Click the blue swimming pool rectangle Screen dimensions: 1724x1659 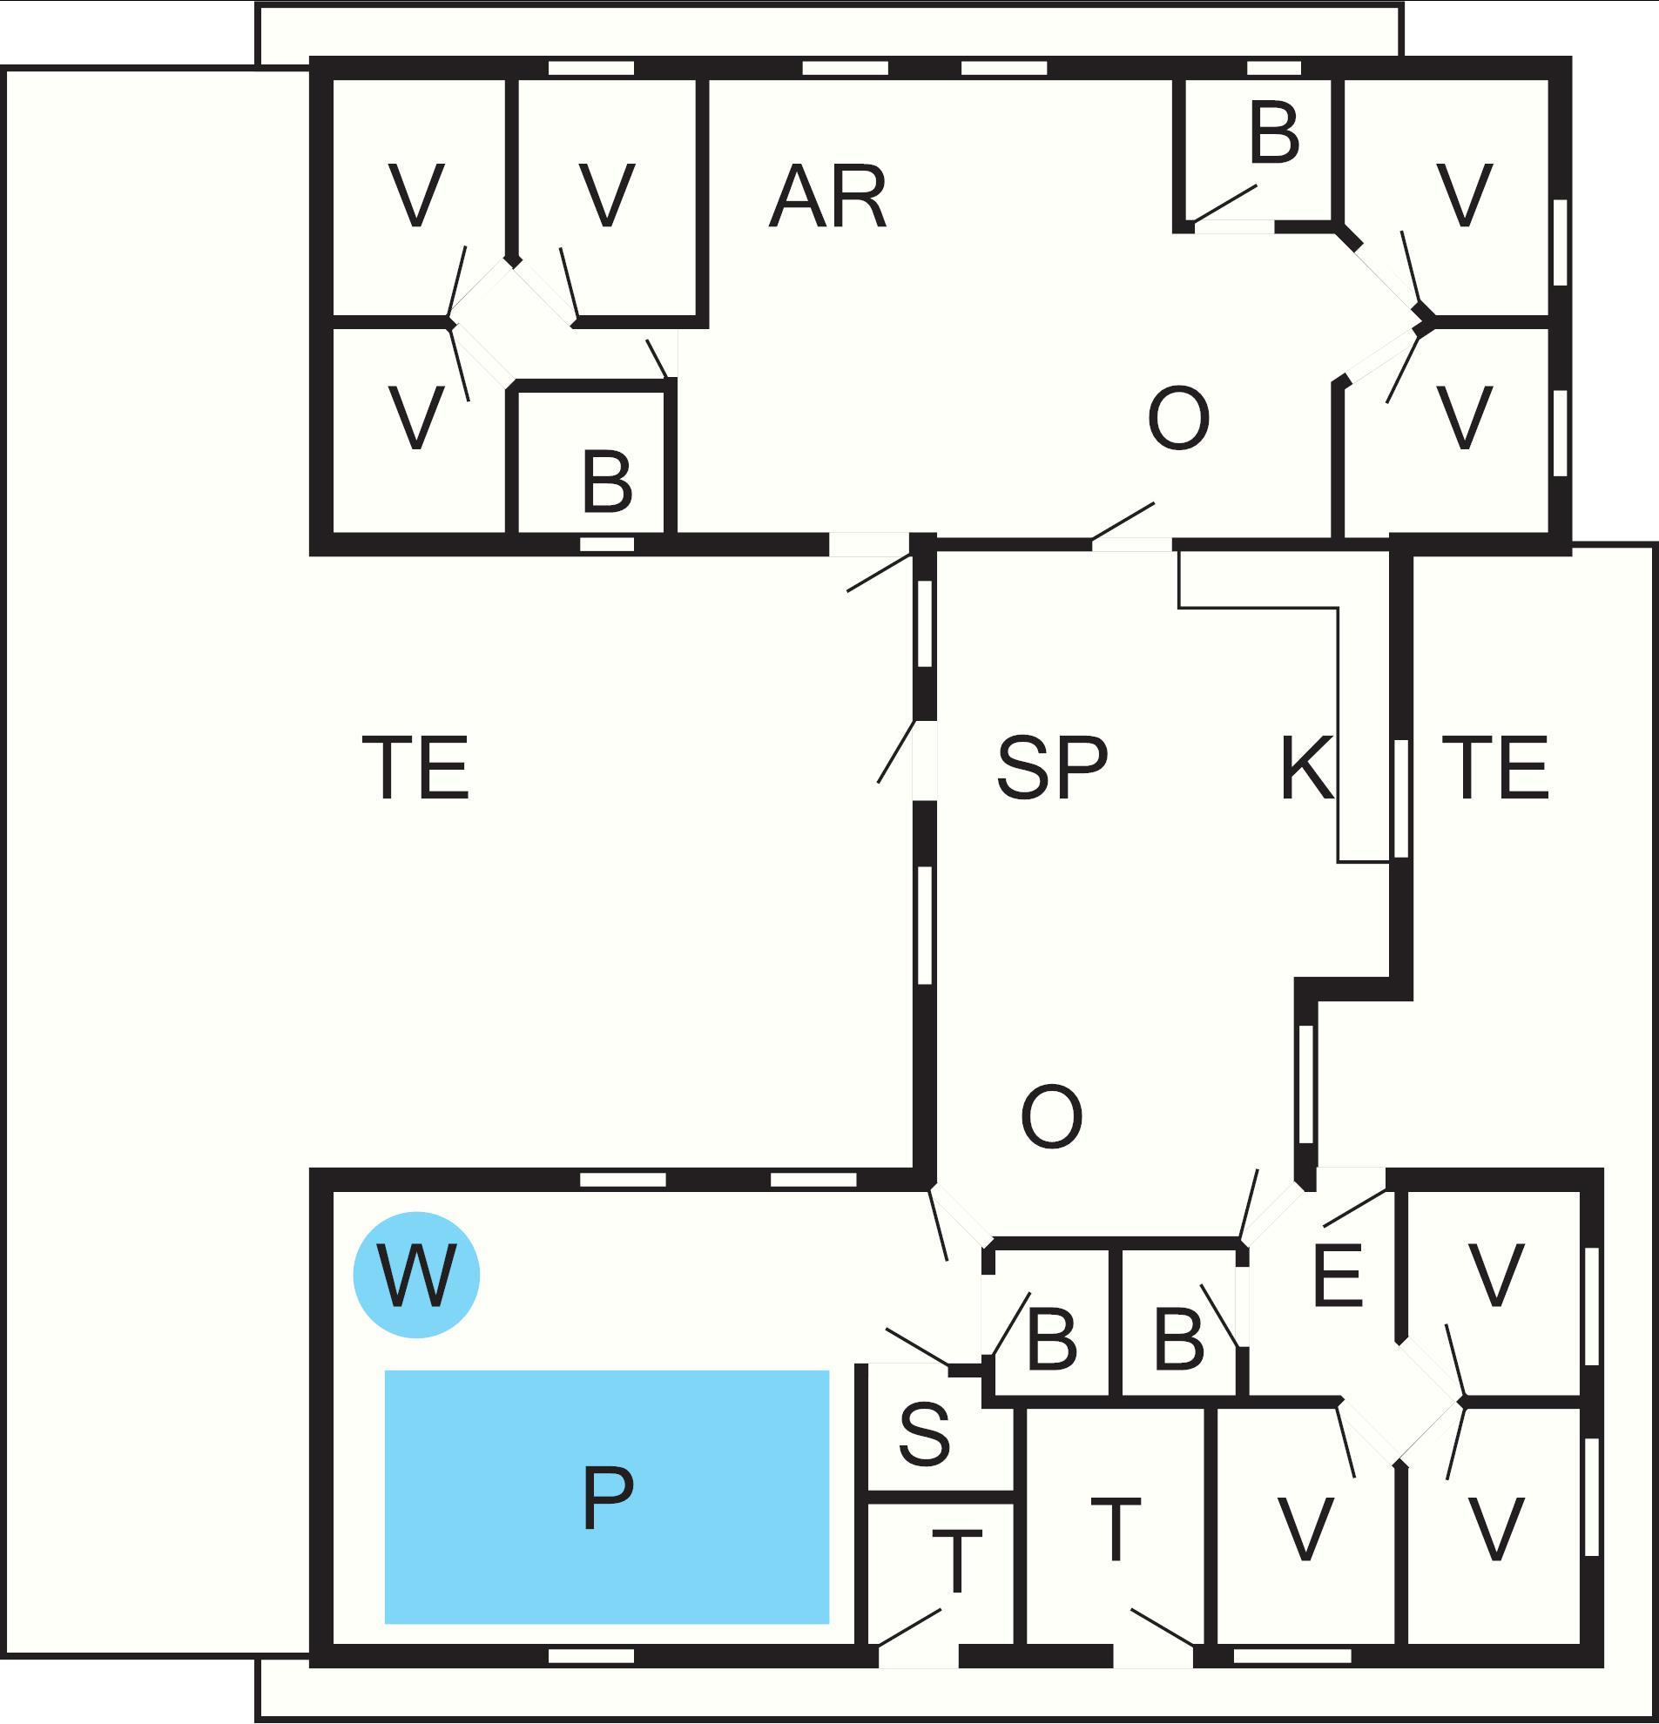pos(607,1496)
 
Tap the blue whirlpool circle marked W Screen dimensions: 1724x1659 pos(416,1275)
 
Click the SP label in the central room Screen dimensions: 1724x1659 pos(1052,768)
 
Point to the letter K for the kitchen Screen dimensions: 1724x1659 pos(1306,768)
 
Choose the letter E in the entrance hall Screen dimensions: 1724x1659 pos(1337,1275)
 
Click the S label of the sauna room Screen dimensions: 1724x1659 pos(925,1434)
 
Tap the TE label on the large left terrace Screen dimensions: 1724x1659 pos(416,768)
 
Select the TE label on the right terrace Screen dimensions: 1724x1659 pos(1495,768)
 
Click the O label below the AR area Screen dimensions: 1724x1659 pos(1178,419)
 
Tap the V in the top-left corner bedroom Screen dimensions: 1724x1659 pos(416,196)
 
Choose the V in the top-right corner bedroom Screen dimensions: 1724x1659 pos(1465,196)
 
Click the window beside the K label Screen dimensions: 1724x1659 pos(1401,798)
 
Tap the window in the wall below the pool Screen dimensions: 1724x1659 pos(591,1656)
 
